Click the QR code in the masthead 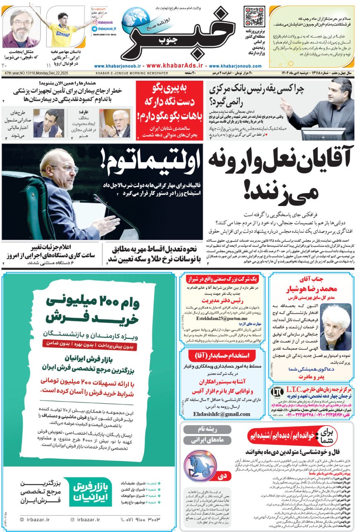[x=254, y=17]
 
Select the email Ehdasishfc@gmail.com [x=223, y=414]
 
